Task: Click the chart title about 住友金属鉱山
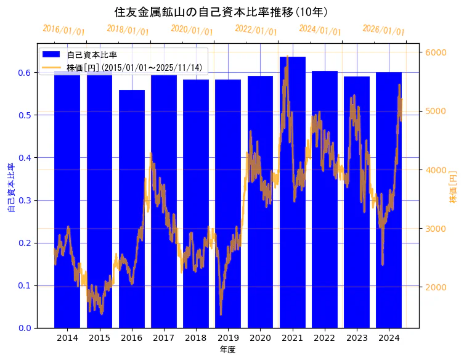(221, 12)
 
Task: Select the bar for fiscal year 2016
(132, 210)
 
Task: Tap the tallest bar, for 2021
(293, 191)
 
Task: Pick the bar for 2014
(67, 197)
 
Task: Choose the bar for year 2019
(228, 203)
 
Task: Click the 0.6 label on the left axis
(24, 73)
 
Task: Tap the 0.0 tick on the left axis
(24, 328)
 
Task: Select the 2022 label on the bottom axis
(325, 338)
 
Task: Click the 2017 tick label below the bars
(164, 338)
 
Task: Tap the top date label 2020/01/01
(192, 30)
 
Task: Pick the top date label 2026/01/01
(383, 30)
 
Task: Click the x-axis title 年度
(228, 350)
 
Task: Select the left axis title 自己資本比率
(11, 188)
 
